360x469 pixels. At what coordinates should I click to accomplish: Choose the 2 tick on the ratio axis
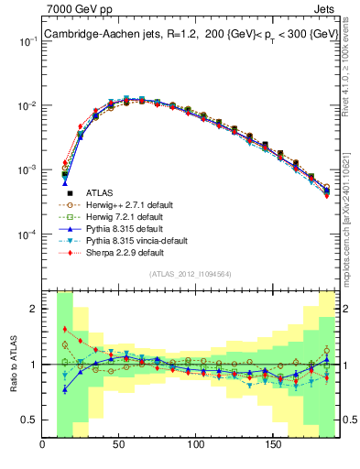[34, 309]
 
